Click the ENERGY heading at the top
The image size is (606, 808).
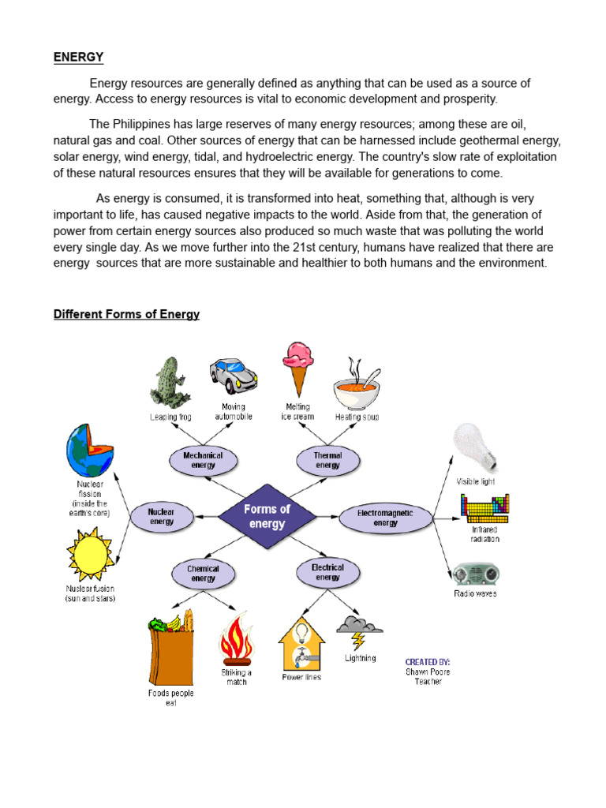tap(78, 57)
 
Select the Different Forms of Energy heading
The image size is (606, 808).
tap(126, 314)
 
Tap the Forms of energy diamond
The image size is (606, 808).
tap(267, 516)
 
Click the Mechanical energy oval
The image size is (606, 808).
tap(203, 460)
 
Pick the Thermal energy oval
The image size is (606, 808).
tap(327, 460)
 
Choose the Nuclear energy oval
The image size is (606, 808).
tap(162, 516)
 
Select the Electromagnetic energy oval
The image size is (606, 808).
tap(385, 518)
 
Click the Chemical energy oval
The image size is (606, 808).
tap(203, 574)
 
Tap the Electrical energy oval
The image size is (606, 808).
tap(327, 572)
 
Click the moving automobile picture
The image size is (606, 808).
tap(233, 376)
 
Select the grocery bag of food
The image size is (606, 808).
tap(171, 647)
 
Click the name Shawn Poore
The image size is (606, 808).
tap(428, 671)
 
